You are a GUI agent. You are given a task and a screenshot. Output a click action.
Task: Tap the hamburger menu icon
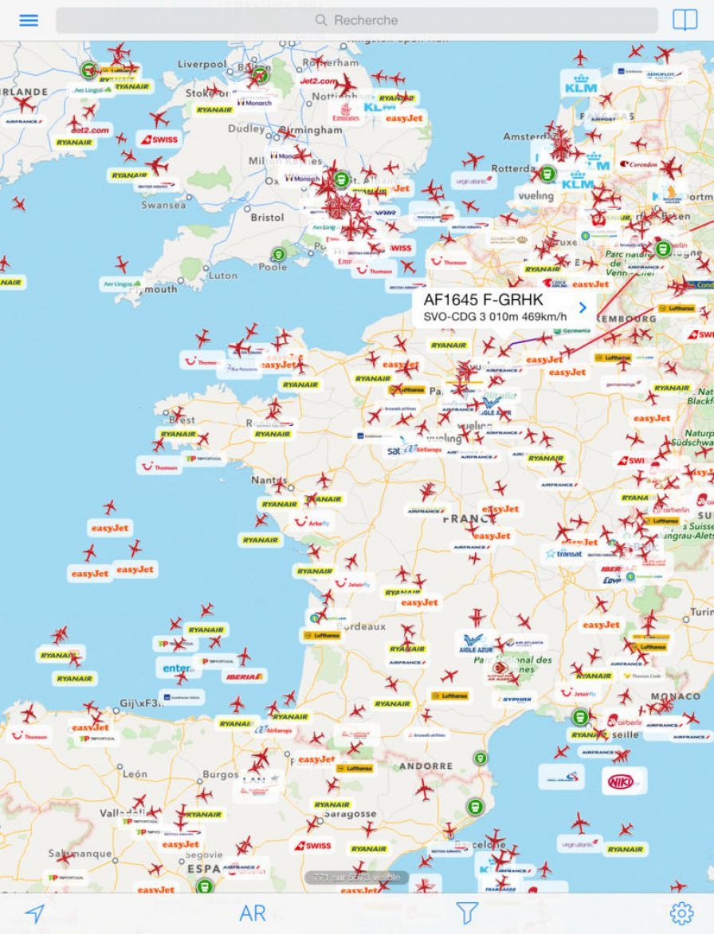click(29, 21)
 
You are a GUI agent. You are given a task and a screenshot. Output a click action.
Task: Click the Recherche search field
click(357, 21)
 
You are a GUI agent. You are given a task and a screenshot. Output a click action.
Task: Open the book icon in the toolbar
click(685, 21)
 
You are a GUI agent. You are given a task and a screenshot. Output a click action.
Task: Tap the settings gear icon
click(681, 913)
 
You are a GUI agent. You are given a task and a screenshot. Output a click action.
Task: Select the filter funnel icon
click(467, 913)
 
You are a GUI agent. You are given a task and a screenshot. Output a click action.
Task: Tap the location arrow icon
click(34, 913)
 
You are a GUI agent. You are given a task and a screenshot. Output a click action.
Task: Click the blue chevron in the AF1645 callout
click(583, 307)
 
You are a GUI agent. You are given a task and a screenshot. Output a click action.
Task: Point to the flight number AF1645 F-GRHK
click(483, 300)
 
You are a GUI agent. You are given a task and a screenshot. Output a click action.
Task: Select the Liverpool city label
click(202, 64)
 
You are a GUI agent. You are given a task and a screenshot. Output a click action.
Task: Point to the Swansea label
click(163, 204)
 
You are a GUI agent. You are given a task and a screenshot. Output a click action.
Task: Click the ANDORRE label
click(426, 766)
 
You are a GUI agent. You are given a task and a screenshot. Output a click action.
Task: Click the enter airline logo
click(177, 668)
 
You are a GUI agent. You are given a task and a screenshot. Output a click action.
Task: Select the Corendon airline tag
click(639, 164)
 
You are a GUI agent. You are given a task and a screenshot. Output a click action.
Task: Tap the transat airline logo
click(564, 553)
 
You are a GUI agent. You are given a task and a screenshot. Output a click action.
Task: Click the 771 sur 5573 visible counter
click(357, 877)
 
